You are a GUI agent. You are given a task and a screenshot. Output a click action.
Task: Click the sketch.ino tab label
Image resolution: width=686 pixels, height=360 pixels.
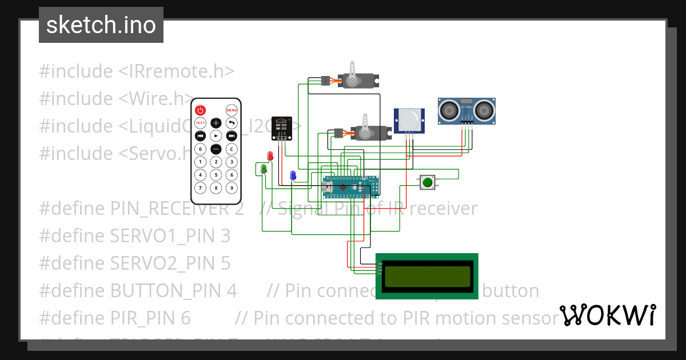click(x=101, y=25)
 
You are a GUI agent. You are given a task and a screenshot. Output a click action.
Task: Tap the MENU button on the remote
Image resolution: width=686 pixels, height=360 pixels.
click(x=232, y=110)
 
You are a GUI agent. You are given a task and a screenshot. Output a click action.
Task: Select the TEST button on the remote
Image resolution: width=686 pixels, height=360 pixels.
click(x=200, y=123)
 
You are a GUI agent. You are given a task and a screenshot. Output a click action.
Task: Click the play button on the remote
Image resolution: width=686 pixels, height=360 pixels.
click(x=216, y=135)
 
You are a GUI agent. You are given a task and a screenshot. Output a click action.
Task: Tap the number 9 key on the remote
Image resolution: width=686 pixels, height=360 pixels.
click(x=232, y=187)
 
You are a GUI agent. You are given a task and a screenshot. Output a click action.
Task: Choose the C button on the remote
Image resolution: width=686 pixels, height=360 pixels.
click(x=232, y=149)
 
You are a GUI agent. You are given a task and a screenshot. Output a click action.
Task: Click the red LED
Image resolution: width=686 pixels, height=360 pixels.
click(x=270, y=156)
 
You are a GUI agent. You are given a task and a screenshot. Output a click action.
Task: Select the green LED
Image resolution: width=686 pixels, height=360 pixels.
click(x=264, y=169)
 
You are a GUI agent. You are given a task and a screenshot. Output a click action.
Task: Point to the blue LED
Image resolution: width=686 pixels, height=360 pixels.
click(x=293, y=175)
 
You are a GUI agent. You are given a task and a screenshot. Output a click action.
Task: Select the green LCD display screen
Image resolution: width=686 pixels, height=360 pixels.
click(x=426, y=276)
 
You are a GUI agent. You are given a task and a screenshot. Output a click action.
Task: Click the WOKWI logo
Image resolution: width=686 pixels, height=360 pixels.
click(x=607, y=315)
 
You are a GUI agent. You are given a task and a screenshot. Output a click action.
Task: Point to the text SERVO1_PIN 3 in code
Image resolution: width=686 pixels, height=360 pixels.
click(x=135, y=235)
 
